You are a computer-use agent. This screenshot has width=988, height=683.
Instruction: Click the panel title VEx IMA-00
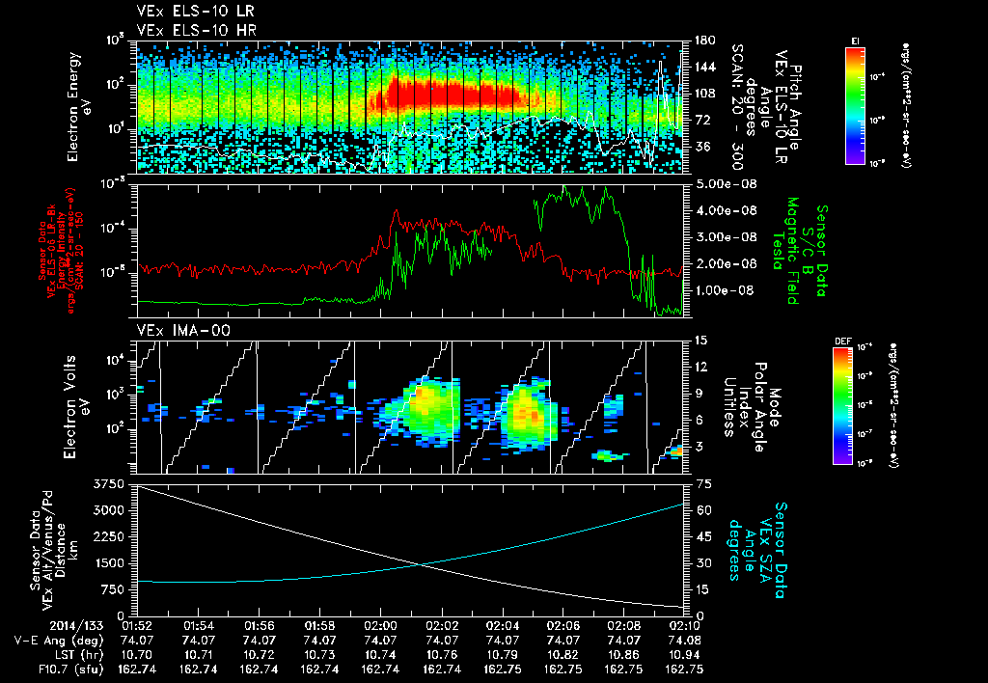click(171, 332)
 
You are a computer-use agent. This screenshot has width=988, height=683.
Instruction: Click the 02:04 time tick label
click(503, 624)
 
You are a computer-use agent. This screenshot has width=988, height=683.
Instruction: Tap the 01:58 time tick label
click(320, 624)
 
